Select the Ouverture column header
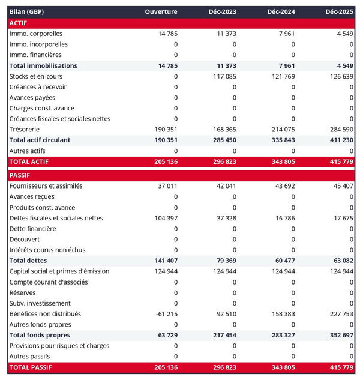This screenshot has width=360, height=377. pyautogui.click(x=161, y=12)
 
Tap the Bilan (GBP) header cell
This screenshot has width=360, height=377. pyautogui.click(x=27, y=12)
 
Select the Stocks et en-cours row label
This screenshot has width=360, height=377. pyautogui.click(x=36, y=76)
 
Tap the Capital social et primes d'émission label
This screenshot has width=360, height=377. pyautogui.click(x=59, y=271)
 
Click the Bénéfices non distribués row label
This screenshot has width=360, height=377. pyautogui.click(x=46, y=313)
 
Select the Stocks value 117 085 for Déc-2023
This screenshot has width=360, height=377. pyautogui.click(x=223, y=76)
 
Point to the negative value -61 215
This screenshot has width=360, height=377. pyautogui.click(x=164, y=313)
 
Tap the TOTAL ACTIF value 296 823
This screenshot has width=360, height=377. pyautogui.click(x=223, y=161)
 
